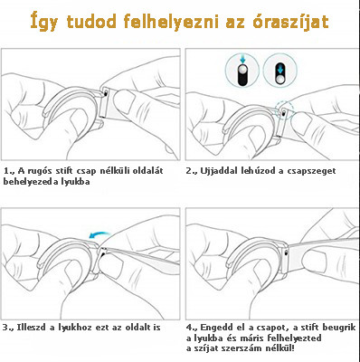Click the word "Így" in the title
[48, 19]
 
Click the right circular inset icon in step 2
[280, 71]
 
